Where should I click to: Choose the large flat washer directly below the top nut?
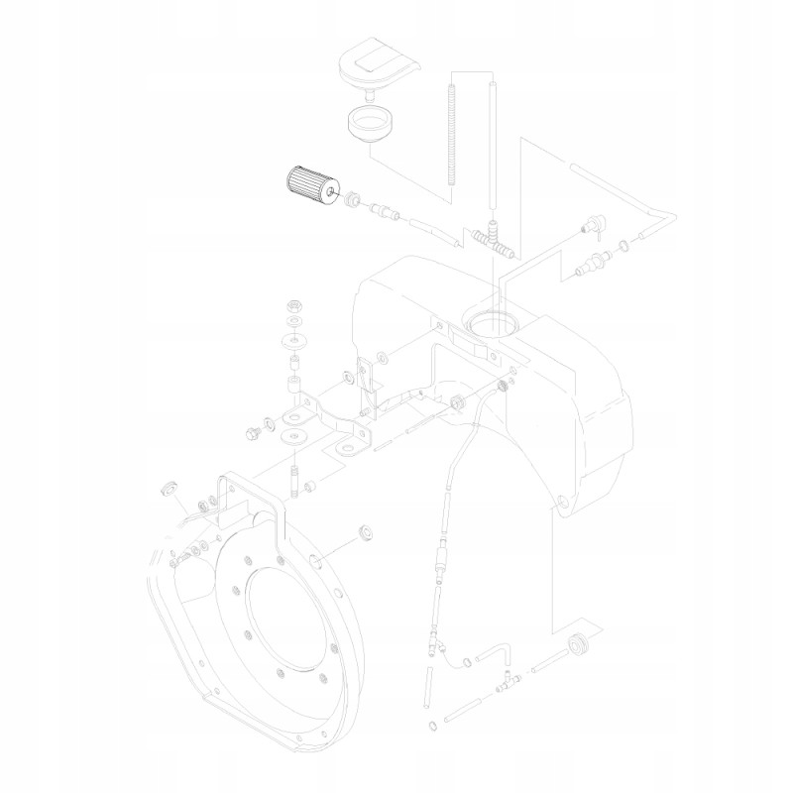(x=294, y=343)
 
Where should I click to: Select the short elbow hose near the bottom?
(x=497, y=653)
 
